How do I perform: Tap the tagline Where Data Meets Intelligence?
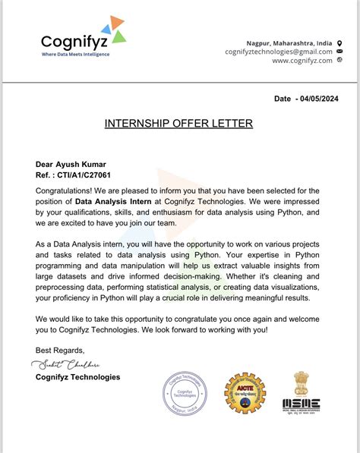tap(74, 55)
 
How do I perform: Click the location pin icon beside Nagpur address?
tap(339, 42)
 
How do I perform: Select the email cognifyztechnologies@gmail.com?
tap(278, 52)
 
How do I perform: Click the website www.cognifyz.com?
tap(302, 61)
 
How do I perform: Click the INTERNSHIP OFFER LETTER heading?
tap(178, 123)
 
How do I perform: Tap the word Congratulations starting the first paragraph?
tap(65, 190)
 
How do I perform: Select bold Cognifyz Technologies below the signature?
tap(77, 377)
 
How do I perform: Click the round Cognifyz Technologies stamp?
tap(184, 397)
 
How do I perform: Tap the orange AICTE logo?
tap(245, 393)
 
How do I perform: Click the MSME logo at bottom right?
tap(301, 404)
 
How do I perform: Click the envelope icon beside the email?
tap(339, 52)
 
